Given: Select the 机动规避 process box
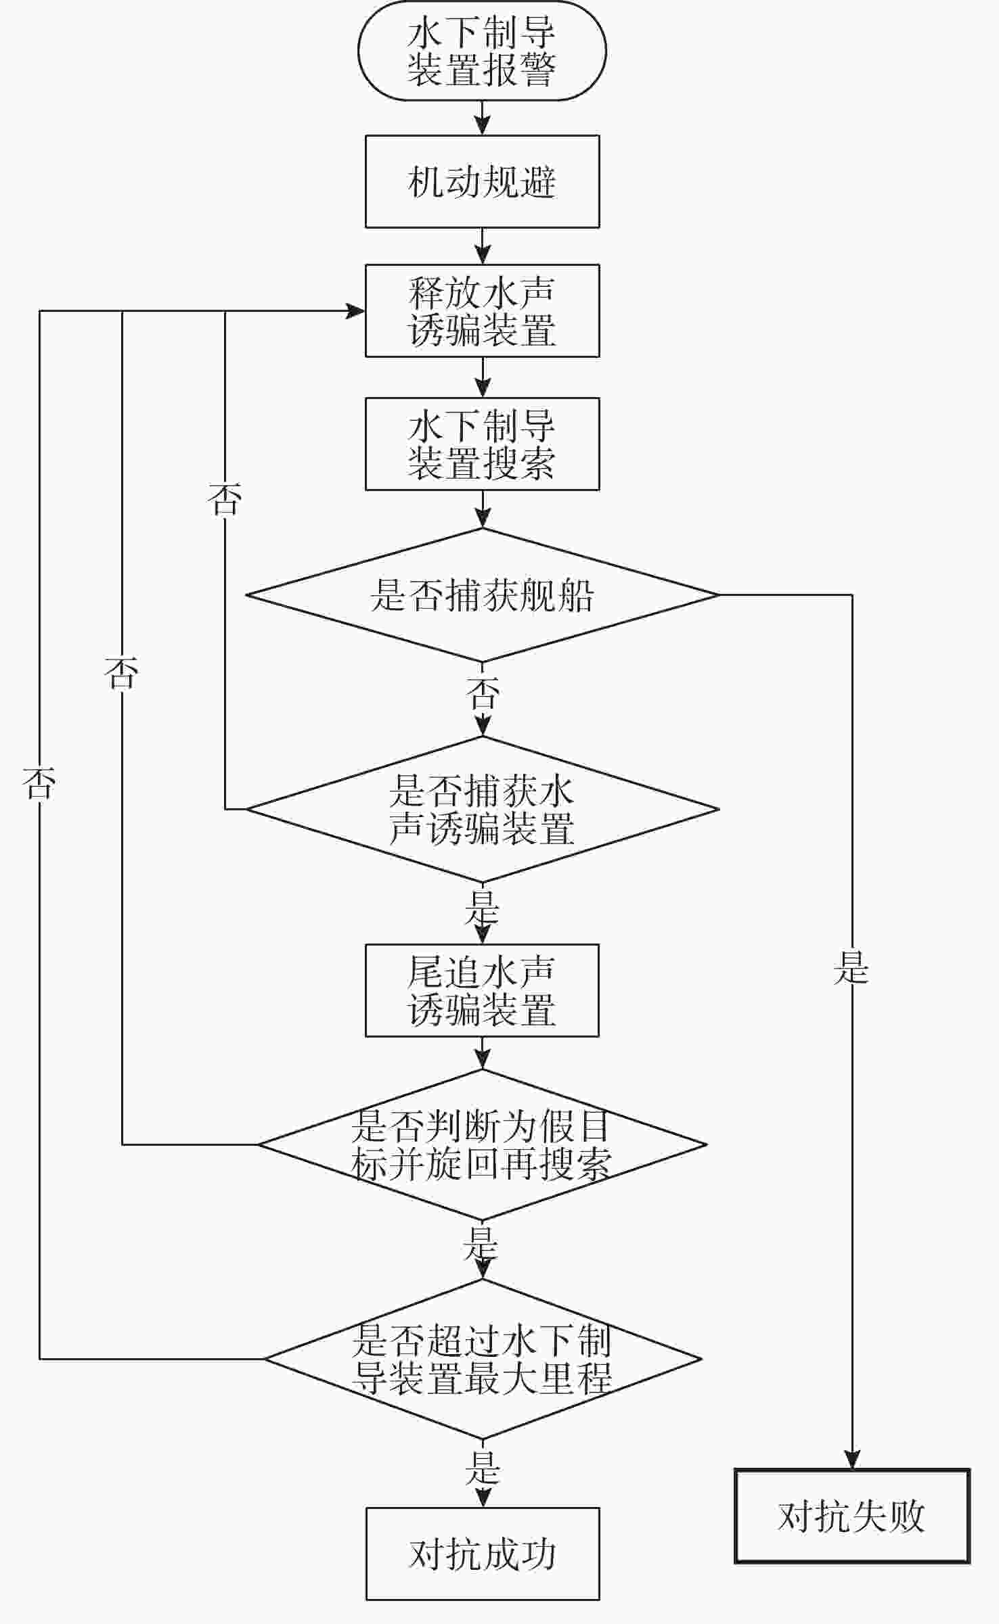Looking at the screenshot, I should pos(482,182).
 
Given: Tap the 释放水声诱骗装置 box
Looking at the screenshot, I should pos(482,311).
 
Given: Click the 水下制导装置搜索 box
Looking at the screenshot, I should pos(482,444).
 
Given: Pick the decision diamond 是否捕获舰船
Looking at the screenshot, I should pos(482,596).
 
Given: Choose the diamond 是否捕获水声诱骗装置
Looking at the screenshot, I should pos(482,809).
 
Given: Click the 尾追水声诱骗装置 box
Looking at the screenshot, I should pos(482,991).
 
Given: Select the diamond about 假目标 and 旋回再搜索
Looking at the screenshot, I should pos(482,1145).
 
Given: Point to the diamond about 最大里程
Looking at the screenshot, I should pos(482,1359).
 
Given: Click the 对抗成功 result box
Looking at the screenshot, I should pos(482,1554).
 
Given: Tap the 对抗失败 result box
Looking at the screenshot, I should pos(852,1516).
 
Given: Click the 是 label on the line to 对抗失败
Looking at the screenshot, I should pos(851,967).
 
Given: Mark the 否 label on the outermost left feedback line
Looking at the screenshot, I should pos(39,783).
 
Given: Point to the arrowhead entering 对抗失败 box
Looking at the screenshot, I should pos(852,1460).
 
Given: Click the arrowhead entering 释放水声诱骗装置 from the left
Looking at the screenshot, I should pos(355,311).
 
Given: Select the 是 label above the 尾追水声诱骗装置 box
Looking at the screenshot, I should pos(481,908).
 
